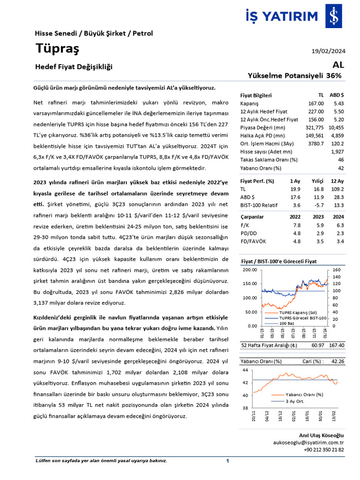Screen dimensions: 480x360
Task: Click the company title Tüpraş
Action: click(x=57, y=48)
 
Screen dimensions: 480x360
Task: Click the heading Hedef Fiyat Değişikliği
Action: click(x=74, y=67)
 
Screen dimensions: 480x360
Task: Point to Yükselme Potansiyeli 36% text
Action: click(x=294, y=75)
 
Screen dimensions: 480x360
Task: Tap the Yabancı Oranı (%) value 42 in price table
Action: click(x=341, y=168)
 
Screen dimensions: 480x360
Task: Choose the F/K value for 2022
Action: click(x=296, y=225)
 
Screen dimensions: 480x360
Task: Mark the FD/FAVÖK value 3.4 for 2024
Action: click(x=339, y=241)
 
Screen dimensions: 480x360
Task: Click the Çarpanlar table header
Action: click(x=252, y=217)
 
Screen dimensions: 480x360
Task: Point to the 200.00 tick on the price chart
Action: click(x=249, y=270)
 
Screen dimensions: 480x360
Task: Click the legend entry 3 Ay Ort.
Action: click(x=295, y=401)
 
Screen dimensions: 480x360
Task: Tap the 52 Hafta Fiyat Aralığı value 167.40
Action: click(x=336, y=345)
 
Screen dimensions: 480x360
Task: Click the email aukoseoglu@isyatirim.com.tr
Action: click(x=308, y=442)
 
